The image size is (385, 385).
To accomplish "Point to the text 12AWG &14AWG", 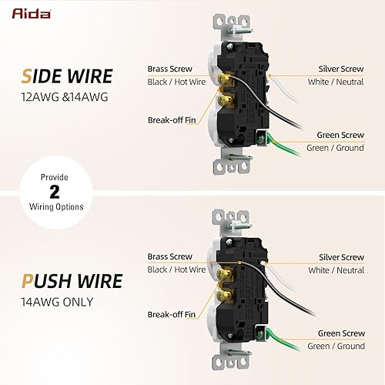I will coord(54,97).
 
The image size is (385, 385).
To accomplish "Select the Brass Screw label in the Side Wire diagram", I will coord(169,69).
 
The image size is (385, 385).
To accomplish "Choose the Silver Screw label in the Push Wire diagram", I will coord(341,257).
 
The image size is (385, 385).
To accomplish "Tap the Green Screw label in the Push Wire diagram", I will coord(341,333).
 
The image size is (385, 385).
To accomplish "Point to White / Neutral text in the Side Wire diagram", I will coord(335,81).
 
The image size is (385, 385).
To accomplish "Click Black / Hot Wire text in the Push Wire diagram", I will coord(176,269).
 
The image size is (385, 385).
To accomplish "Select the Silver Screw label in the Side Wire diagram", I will coord(341,69).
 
